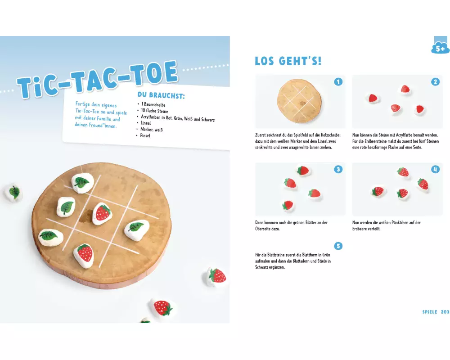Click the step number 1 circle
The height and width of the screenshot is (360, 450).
(x=338, y=82)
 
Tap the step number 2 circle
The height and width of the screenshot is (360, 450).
(x=435, y=82)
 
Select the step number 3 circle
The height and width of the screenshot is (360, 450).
(x=338, y=169)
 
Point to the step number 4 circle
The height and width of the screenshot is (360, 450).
(x=435, y=169)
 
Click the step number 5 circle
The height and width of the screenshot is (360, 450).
(x=338, y=246)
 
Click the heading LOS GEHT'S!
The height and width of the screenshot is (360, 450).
(x=288, y=61)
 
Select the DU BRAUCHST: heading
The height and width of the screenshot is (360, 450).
(x=161, y=95)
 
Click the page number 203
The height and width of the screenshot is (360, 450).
(x=445, y=312)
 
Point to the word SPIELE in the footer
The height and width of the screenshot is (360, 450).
(x=430, y=312)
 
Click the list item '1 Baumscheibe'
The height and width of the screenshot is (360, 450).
(x=153, y=104)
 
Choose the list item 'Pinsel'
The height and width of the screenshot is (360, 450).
(x=145, y=135)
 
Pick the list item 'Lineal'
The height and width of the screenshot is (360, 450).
(x=146, y=123)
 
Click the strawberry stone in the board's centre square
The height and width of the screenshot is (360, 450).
(x=102, y=213)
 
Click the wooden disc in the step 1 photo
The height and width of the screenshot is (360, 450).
(x=299, y=101)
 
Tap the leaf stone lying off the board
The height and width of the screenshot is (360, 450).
(x=13, y=192)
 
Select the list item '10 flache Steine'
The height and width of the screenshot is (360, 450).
(x=155, y=111)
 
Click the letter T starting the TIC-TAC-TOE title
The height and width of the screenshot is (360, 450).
(x=25, y=88)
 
